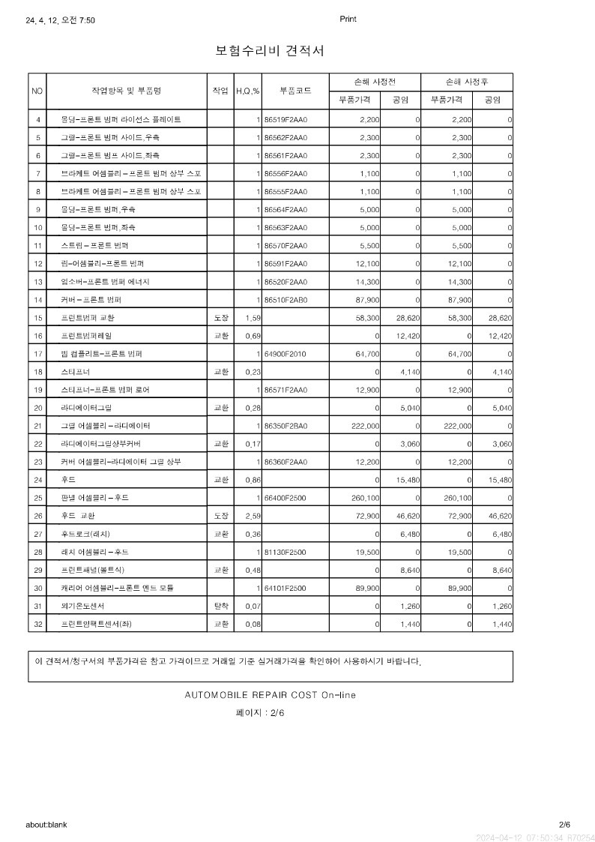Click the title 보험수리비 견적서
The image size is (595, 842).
click(269, 50)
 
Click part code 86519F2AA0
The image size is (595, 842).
click(286, 119)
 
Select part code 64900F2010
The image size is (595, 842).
click(286, 353)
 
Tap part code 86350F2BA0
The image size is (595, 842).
click(286, 425)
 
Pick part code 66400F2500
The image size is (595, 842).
click(286, 497)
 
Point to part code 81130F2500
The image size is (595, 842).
click(286, 552)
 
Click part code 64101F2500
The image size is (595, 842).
click(286, 588)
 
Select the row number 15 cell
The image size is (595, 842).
click(37, 318)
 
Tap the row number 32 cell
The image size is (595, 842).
click(37, 624)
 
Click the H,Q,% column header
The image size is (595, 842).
click(247, 91)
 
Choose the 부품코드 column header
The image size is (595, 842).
click(295, 91)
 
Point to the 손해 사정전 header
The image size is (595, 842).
click(374, 81)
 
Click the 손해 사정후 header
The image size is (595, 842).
click(467, 81)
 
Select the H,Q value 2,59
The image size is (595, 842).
click(253, 516)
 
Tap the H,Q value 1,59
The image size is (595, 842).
click(253, 318)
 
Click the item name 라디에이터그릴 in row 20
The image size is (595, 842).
click(86, 408)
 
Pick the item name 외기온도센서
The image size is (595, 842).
click(82, 606)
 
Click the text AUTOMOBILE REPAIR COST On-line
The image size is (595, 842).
click(270, 695)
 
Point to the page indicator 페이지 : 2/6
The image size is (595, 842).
click(260, 713)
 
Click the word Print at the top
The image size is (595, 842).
click(348, 19)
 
